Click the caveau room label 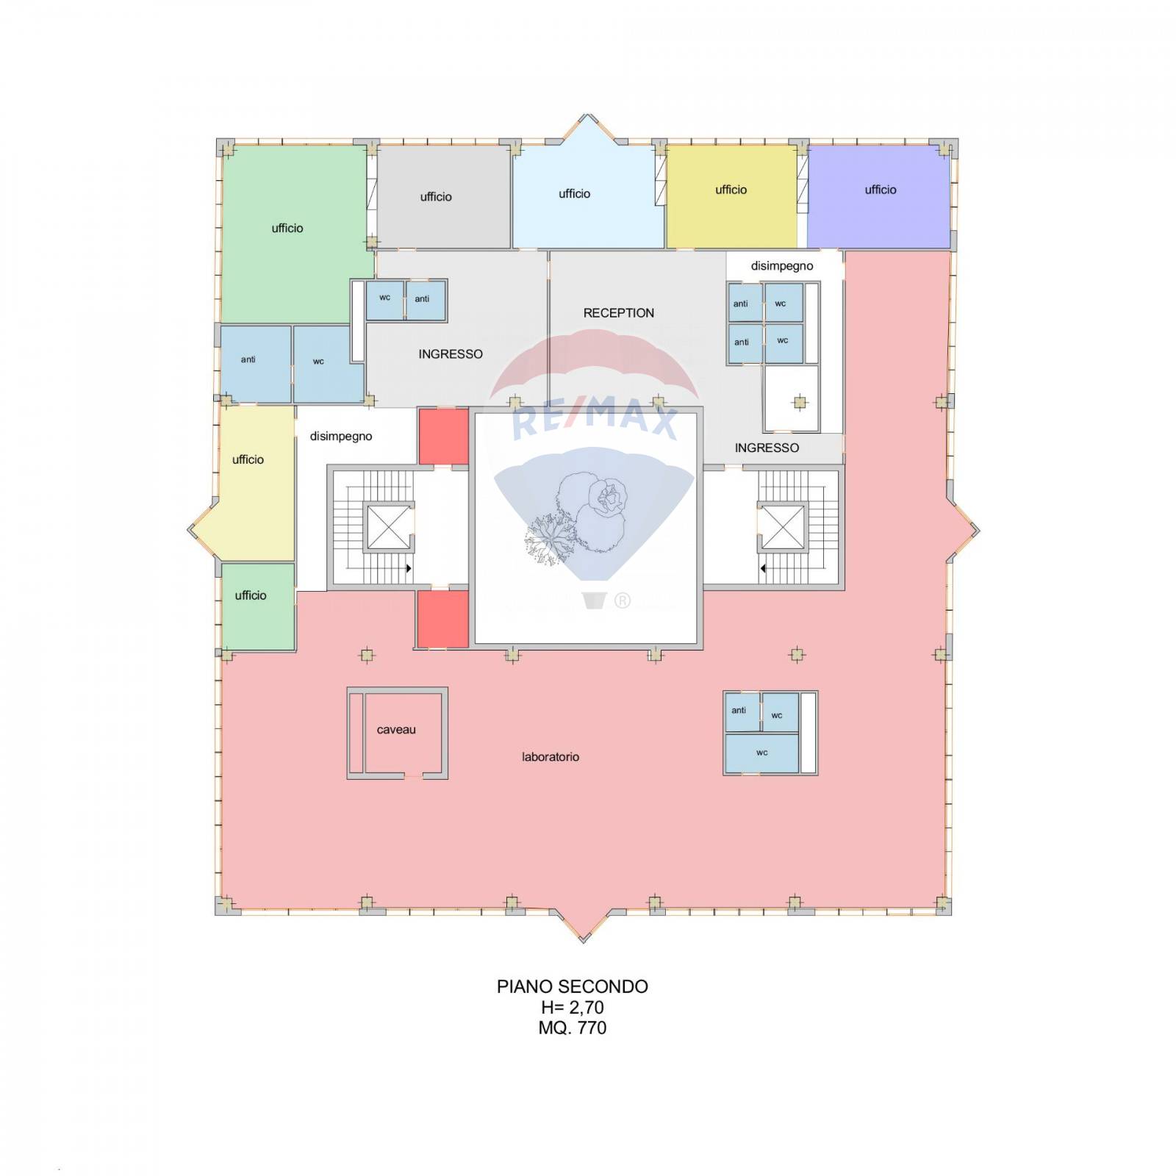396,730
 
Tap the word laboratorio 551,757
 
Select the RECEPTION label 619,313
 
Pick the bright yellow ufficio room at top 731,197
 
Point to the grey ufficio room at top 444,197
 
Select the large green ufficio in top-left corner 294,234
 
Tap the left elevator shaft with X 389,526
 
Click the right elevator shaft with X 783,526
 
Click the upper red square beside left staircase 443,437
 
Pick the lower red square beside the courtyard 443,619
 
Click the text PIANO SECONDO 573,986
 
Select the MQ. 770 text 573,1028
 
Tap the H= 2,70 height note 573,1007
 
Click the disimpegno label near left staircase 341,437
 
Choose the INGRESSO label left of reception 451,354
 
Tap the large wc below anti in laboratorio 761,753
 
